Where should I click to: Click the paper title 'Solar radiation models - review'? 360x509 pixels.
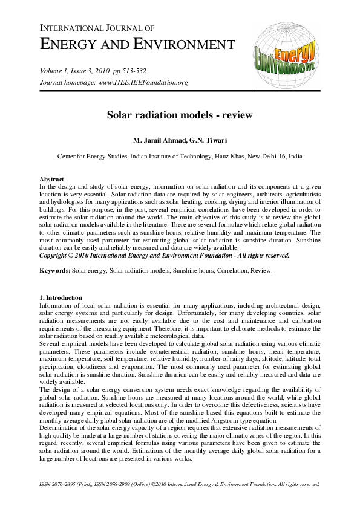(180, 114)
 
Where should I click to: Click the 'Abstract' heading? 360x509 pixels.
(51, 180)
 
